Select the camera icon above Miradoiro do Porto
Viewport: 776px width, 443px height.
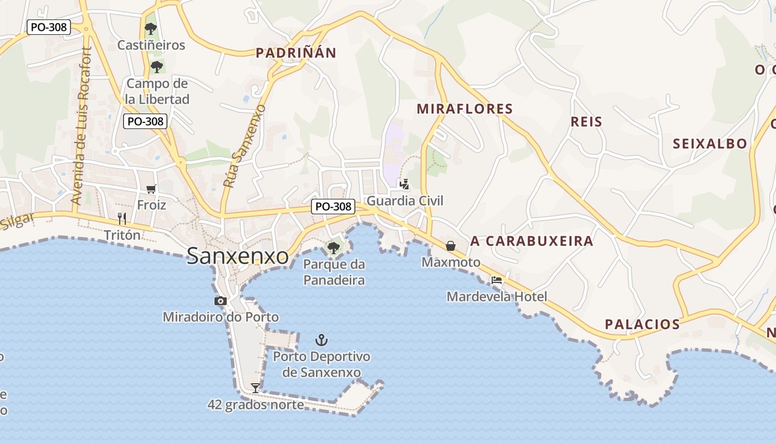tap(221, 301)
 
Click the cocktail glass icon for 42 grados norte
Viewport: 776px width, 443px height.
tap(256, 388)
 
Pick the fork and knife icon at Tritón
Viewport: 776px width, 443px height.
tap(122, 219)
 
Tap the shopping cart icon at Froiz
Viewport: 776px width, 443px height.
tap(151, 189)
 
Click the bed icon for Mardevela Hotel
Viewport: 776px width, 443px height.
tap(497, 280)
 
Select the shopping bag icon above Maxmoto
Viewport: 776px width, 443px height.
tap(451, 245)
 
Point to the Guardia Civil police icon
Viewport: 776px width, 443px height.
tap(405, 184)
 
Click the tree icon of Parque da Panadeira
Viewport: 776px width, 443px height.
tap(334, 248)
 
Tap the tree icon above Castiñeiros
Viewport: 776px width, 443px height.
tap(150, 29)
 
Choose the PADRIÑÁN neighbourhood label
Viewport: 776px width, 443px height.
tap(296, 53)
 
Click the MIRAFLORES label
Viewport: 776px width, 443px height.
tap(464, 109)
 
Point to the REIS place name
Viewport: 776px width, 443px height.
tap(586, 122)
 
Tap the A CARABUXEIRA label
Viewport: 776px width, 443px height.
tap(532, 241)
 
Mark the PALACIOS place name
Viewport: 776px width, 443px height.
tap(642, 324)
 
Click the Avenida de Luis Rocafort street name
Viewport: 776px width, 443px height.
tap(80, 126)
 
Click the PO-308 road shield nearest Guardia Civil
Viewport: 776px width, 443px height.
tap(333, 207)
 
